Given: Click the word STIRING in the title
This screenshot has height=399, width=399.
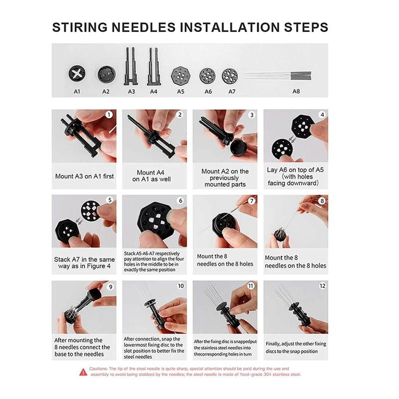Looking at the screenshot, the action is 80,27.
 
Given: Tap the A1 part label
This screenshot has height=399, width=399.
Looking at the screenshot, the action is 77,91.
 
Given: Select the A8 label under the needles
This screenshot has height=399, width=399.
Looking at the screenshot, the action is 296,91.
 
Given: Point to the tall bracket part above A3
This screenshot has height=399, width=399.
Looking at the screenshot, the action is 131,66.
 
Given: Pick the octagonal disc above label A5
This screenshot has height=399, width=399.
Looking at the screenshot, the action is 181,76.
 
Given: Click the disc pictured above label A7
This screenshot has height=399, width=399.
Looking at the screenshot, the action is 230,76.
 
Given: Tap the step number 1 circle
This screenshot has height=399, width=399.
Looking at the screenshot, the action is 109,115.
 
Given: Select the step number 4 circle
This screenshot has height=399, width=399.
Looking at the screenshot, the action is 322,115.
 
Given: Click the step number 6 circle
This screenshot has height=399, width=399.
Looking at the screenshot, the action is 181,200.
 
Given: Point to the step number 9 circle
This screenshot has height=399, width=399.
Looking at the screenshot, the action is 110,287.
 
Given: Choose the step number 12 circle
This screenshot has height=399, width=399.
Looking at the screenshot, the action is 322,286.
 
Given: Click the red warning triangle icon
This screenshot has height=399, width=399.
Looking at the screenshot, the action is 83,372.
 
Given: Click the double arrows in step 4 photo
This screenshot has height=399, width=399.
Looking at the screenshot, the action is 292,140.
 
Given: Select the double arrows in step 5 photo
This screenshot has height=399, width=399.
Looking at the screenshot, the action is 80,221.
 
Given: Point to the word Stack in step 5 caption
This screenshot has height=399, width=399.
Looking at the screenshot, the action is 62,259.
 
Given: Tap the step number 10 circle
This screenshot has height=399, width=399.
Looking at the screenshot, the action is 181,286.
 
